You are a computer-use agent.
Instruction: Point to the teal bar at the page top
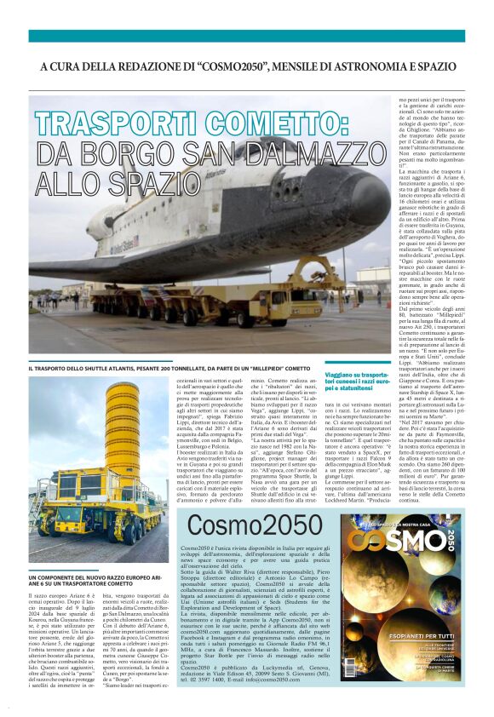(x=247, y=35)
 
